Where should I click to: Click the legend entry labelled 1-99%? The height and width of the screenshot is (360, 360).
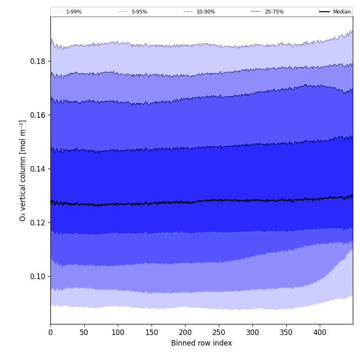[73, 12]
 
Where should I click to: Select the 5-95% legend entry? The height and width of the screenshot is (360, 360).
[139, 12]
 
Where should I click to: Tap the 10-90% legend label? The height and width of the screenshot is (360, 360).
[205, 12]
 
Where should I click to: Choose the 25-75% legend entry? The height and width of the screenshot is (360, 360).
[274, 12]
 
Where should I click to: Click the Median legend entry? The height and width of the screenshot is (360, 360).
[341, 12]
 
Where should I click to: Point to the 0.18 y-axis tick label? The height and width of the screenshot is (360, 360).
[38, 61]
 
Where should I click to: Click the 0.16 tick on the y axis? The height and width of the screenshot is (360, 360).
[38, 115]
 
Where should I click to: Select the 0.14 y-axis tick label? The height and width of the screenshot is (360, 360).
[38, 169]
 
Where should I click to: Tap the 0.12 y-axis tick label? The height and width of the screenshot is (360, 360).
[38, 222]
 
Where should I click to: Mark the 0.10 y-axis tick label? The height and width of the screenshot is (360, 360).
[38, 276]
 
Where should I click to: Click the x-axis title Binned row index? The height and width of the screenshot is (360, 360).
[202, 343]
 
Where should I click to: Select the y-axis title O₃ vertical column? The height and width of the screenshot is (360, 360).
[23, 170]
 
